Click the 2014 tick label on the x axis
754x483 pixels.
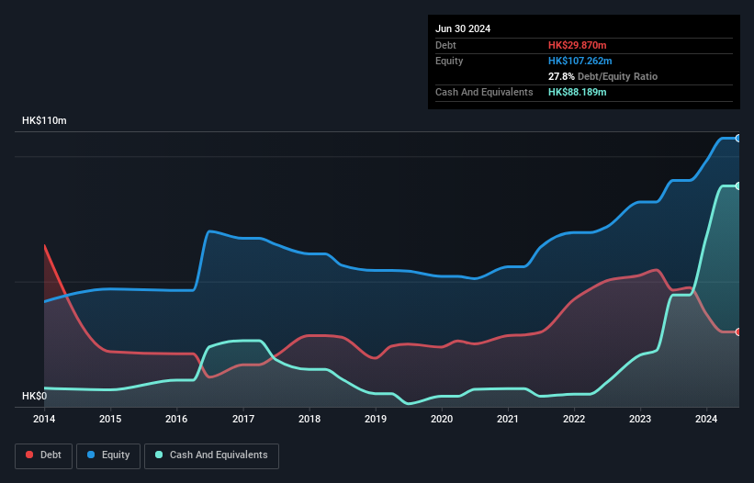click(x=44, y=419)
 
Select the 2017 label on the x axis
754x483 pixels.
click(x=243, y=419)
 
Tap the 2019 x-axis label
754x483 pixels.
click(x=376, y=419)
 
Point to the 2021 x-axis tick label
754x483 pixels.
click(x=508, y=419)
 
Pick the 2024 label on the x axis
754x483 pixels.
click(x=706, y=419)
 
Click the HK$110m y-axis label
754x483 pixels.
click(x=44, y=121)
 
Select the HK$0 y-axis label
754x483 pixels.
click(x=34, y=396)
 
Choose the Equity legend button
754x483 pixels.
click(x=108, y=455)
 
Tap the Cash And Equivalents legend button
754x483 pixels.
click(x=211, y=455)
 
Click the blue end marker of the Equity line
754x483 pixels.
click(x=738, y=138)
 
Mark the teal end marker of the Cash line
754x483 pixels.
click(x=738, y=185)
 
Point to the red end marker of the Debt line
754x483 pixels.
click(x=738, y=331)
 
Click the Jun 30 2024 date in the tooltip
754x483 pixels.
click(x=463, y=28)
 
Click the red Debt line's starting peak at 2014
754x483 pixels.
click(x=45, y=245)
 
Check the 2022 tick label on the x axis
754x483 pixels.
click(x=574, y=419)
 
